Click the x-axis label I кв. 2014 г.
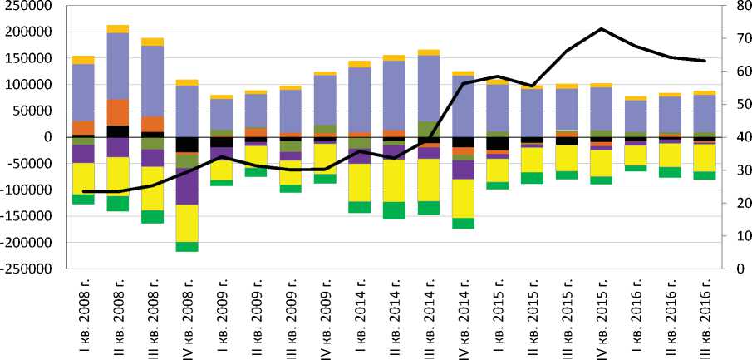coord(359,316)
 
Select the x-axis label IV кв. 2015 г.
coord(601,315)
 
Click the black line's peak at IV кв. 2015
coord(601,29)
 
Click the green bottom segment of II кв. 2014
coord(394,210)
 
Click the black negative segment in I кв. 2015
coord(497,144)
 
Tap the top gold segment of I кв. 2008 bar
coord(83,60)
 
